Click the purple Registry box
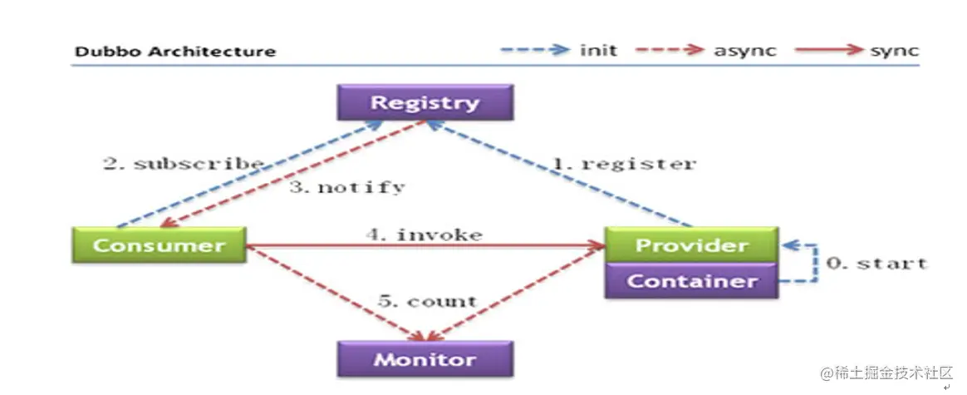(x=425, y=103)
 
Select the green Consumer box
(x=159, y=245)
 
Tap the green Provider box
(x=691, y=245)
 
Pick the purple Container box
(x=691, y=281)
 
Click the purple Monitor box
(x=425, y=359)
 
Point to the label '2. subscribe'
(x=183, y=163)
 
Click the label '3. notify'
(x=346, y=187)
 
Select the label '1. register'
(x=625, y=163)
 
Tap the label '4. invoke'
(x=424, y=235)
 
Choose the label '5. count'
(x=427, y=301)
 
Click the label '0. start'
(x=876, y=263)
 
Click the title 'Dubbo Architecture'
(x=175, y=52)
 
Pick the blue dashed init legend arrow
(x=535, y=50)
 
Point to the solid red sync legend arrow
(x=828, y=50)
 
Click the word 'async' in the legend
(x=744, y=51)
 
